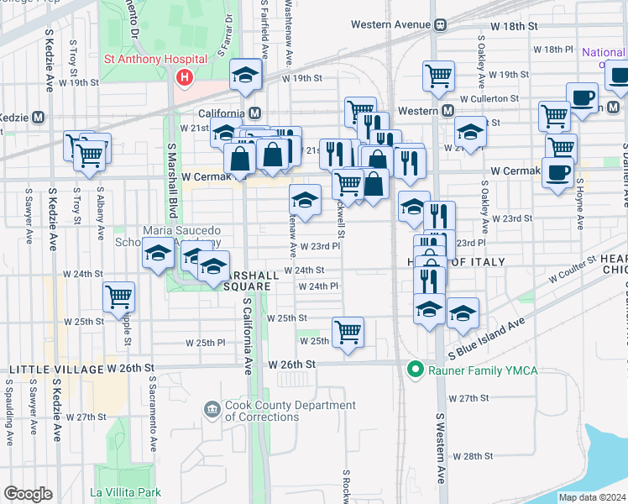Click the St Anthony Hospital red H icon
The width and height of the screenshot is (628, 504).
184,78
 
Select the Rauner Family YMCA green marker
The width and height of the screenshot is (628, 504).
413,368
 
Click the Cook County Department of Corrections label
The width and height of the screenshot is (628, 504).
290,411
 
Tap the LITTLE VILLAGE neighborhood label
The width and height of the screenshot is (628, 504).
55,370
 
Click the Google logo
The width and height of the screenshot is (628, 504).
28,494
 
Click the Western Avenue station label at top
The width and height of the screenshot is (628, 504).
390,24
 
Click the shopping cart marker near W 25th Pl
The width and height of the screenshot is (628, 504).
348,330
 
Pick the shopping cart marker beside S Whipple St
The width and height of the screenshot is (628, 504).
119,296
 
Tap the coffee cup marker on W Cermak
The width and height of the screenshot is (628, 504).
557,173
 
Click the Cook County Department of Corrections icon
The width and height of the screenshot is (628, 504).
212,411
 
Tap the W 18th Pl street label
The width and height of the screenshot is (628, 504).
557,50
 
